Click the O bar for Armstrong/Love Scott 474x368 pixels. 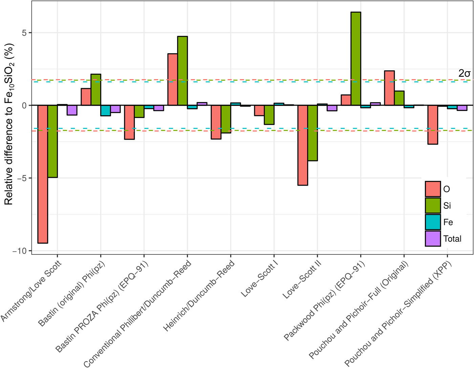coord(43,174)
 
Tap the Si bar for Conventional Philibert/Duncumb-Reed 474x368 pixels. coord(182,71)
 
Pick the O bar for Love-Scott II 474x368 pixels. coord(303,145)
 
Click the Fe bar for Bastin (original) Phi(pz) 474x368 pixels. coord(106,111)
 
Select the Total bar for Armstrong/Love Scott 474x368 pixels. coord(72,110)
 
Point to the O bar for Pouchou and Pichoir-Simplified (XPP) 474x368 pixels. coord(433,125)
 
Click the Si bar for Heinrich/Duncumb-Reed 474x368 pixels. coord(226,119)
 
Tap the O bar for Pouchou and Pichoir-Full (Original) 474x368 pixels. coord(389,88)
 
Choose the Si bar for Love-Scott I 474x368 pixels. coord(269,115)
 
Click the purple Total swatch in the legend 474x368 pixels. coord(433,239)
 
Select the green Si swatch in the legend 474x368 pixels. coord(433,206)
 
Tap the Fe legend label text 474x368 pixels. coord(448,222)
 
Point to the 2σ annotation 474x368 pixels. coord(464,73)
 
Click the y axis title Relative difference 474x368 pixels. coord(9,124)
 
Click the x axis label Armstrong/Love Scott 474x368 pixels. coord(31,291)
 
